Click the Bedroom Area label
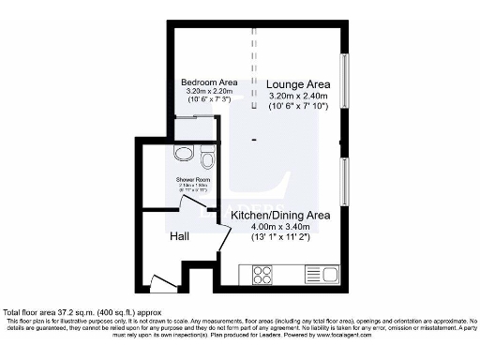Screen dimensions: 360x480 [x=208, y=82]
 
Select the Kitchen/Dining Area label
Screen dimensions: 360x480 [x=280, y=215]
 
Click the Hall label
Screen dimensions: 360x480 [x=180, y=236]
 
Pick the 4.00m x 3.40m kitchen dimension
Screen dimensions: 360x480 [x=280, y=226]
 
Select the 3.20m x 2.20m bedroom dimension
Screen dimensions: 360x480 [x=208, y=91]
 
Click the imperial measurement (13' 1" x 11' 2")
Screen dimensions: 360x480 [x=280, y=237]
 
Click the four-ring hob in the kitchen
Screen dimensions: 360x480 [x=262, y=275]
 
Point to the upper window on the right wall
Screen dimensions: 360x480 [x=344, y=84]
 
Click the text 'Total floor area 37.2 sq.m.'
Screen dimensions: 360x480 [x=56, y=311]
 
